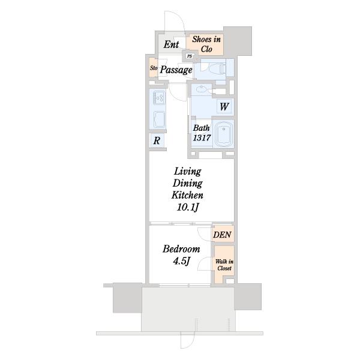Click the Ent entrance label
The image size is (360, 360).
click(x=171, y=44)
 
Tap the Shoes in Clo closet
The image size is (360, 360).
click(x=205, y=45)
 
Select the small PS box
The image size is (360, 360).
click(x=190, y=56)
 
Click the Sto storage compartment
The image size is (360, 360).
click(x=154, y=68)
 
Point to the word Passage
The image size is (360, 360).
click(x=176, y=70)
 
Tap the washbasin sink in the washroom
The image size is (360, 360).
click(x=202, y=89)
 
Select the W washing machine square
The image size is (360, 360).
click(x=224, y=106)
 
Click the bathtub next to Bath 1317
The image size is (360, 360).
click(x=224, y=134)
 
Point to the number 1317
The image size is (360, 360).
click(x=202, y=138)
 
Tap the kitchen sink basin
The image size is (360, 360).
click(x=159, y=119)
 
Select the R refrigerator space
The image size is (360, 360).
click(x=157, y=140)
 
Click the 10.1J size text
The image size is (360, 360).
click(x=188, y=208)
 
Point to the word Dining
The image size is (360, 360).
click(x=188, y=184)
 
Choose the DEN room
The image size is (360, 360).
click(x=222, y=234)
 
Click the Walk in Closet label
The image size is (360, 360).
click(x=224, y=265)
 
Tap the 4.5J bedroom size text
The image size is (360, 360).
click(x=181, y=261)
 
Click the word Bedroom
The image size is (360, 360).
click(x=181, y=249)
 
